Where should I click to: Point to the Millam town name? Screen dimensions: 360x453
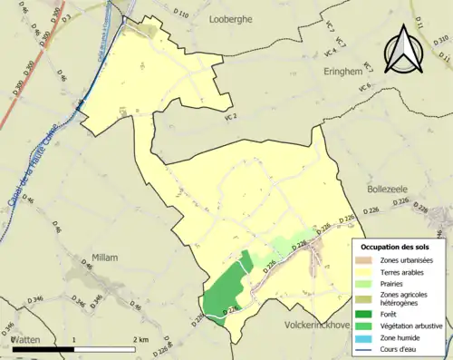(105, 258)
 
